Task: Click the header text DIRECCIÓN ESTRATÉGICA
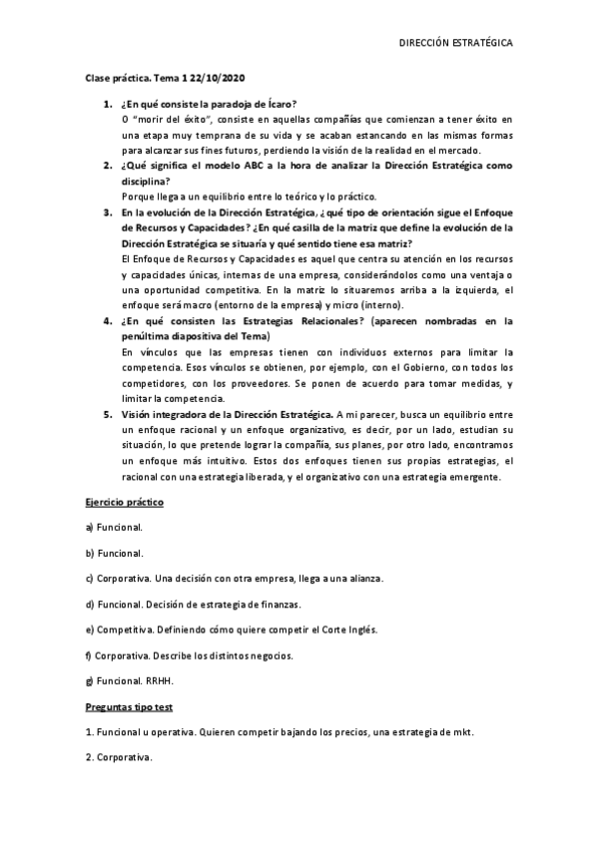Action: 456,44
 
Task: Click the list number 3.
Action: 107,212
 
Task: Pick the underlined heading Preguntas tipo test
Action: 129,707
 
